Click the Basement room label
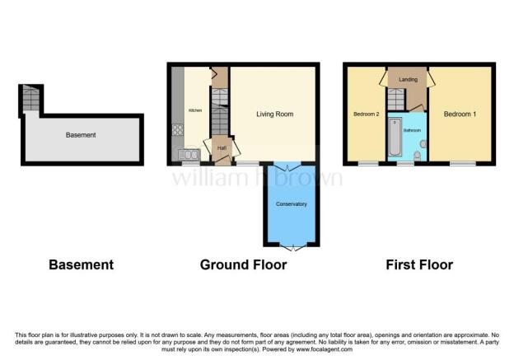tap(80, 135)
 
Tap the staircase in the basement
tap(31, 99)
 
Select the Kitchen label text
tap(195, 110)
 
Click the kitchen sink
tap(190, 153)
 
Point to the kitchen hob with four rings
tap(176, 129)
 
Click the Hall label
tap(221, 148)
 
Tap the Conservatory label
tap(291, 203)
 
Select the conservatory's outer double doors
tap(291, 245)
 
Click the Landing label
tap(408, 79)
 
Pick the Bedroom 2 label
tap(366, 114)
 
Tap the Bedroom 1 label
tap(460, 114)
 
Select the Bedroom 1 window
tap(461, 164)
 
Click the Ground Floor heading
tap(243, 264)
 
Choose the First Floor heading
tap(419, 264)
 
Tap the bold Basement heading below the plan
tap(81, 264)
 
